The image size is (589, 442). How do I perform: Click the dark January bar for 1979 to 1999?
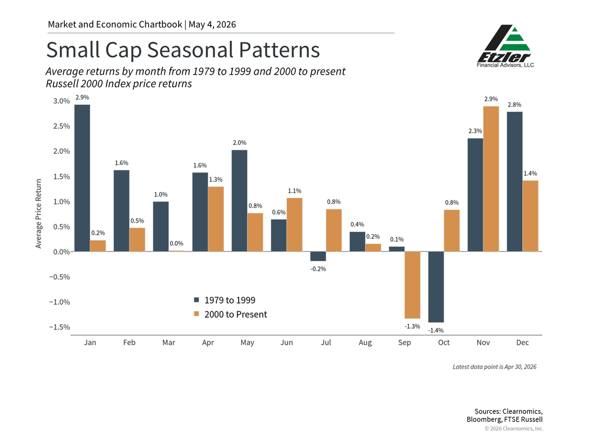(x=82, y=178)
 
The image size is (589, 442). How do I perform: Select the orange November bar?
(x=491, y=179)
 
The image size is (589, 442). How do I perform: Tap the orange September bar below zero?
(x=412, y=285)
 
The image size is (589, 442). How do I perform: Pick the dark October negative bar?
(x=436, y=287)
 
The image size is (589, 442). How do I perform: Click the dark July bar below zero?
(x=318, y=256)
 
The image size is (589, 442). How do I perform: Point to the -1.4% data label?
(x=436, y=331)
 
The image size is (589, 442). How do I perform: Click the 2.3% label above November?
(x=475, y=131)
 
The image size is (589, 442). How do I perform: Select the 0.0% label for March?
(x=176, y=244)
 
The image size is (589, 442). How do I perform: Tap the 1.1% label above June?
(x=294, y=191)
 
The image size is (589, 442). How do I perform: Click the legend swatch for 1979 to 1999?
(x=196, y=300)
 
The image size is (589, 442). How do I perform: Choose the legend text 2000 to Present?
(x=236, y=314)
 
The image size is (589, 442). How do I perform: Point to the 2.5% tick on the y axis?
(x=61, y=126)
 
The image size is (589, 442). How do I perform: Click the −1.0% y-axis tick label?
(x=59, y=302)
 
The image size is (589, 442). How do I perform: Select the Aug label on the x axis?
(x=365, y=343)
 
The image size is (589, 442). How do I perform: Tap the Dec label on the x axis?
(x=522, y=342)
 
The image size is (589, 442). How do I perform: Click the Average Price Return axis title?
(x=39, y=214)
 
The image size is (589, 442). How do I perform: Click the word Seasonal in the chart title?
(x=190, y=50)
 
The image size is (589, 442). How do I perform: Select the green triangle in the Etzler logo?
(x=515, y=39)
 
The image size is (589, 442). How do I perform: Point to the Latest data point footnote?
(x=495, y=367)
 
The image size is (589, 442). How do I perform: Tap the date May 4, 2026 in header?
(x=212, y=25)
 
